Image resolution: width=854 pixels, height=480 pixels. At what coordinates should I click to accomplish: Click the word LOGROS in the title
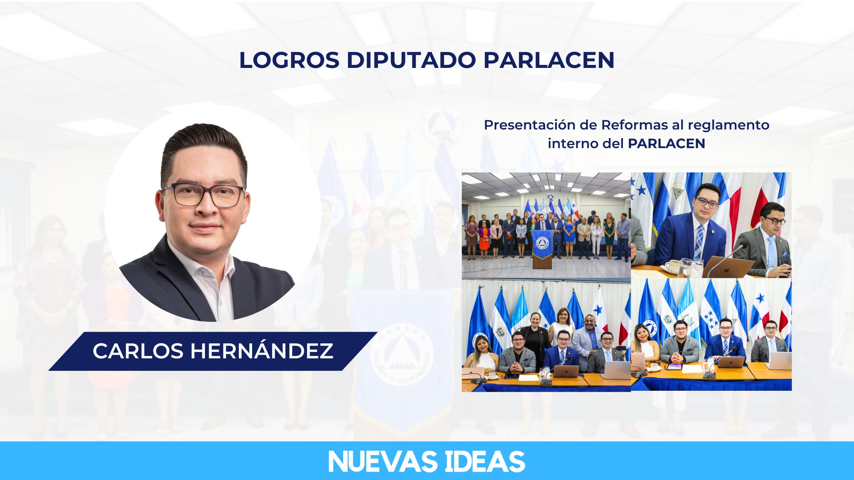click(x=290, y=60)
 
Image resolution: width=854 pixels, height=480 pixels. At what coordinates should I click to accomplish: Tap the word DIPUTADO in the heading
click(x=411, y=60)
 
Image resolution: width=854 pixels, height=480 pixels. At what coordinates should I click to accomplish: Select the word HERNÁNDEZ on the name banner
click(x=262, y=351)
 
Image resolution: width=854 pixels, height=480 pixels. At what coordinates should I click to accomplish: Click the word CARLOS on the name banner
click(x=138, y=351)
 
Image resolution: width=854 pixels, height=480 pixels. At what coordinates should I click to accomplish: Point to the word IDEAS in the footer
click(x=485, y=462)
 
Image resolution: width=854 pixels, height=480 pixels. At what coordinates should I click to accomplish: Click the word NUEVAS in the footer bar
click(x=383, y=462)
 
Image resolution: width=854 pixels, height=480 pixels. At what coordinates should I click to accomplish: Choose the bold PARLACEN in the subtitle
click(x=666, y=144)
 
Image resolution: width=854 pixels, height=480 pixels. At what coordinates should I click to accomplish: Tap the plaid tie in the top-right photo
click(x=699, y=242)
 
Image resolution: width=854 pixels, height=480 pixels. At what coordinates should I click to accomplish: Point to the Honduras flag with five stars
click(x=711, y=316)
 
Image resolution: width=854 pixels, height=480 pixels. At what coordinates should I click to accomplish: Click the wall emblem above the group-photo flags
click(x=550, y=197)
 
